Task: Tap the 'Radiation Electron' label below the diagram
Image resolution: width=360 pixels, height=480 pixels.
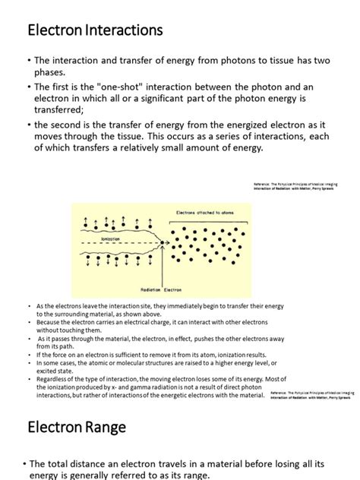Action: (x=161, y=289)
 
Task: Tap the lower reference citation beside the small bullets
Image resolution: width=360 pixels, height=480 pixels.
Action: (x=313, y=396)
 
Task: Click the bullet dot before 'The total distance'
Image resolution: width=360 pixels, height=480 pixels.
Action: (x=23, y=463)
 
